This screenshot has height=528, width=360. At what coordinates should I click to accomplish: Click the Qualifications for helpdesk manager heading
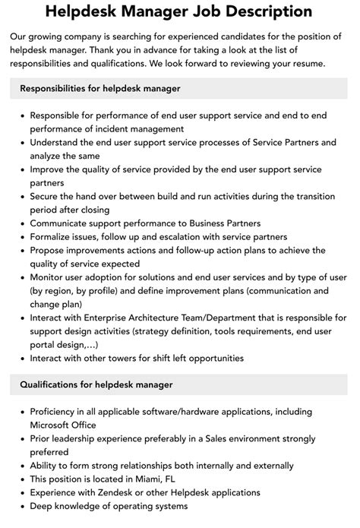coord(96,384)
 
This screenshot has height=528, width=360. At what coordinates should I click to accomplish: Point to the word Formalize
coord(55,236)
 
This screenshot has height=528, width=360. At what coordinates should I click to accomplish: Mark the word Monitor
coord(50,277)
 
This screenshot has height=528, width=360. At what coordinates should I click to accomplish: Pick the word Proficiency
coord(58,412)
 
